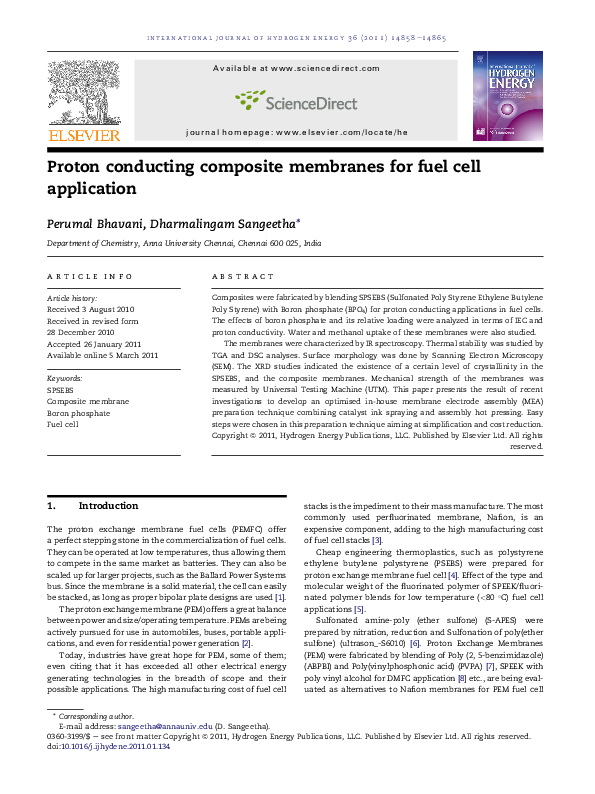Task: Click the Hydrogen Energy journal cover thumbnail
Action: click(x=508, y=97)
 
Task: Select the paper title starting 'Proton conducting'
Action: click(x=264, y=176)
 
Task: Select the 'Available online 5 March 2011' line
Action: click(x=103, y=354)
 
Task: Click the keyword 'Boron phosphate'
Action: click(x=79, y=412)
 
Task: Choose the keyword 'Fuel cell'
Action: click(x=63, y=424)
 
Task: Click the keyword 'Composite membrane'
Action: click(x=88, y=400)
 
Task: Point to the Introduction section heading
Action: click(x=108, y=506)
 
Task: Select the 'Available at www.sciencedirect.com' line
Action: click(x=296, y=68)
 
